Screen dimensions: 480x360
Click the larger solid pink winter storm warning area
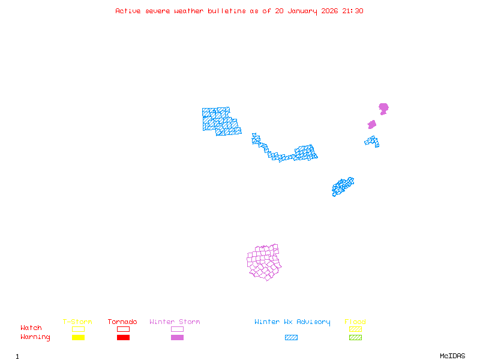point(383,108)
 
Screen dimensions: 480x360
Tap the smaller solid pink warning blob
point(372,124)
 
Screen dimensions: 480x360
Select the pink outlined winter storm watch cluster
point(264,262)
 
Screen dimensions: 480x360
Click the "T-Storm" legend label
point(77,322)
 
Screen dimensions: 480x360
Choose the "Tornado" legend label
point(122,322)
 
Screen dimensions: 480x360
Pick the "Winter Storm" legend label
point(175,322)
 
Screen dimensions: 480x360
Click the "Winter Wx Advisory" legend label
point(292,322)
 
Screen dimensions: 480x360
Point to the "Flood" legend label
point(355,322)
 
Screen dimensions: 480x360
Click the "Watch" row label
point(31,328)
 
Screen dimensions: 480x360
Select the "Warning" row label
point(35,337)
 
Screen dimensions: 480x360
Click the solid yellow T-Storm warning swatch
point(78,337)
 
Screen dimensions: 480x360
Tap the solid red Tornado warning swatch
point(123,337)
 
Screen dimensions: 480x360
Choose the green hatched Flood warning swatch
point(355,337)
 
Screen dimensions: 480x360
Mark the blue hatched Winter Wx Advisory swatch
point(291,337)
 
